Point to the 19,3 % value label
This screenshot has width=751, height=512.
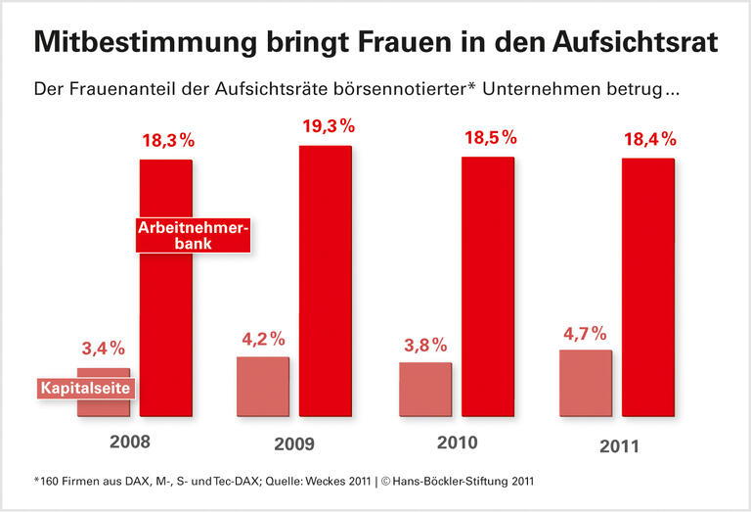pyautogui.click(x=326, y=128)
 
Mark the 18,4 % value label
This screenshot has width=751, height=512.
pyautogui.click(x=649, y=140)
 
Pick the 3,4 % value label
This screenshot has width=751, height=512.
pyautogui.click(x=102, y=349)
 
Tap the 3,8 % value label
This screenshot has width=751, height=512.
pyautogui.click(x=424, y=345)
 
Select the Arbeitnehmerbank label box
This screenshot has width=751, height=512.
pyautogui.click(x=193, y=235)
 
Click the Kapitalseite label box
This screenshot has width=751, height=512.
pyautogui.click(x=86, y=389)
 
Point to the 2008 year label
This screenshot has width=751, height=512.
pyautogui.click(x=130, y=442)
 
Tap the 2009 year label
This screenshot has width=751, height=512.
pyautogui.click(x=294, y=443)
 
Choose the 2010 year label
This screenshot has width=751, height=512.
pyautogui.click(x=457, y=442)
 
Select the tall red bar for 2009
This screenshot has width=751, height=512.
pyautogui.click(x=325, y=284)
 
